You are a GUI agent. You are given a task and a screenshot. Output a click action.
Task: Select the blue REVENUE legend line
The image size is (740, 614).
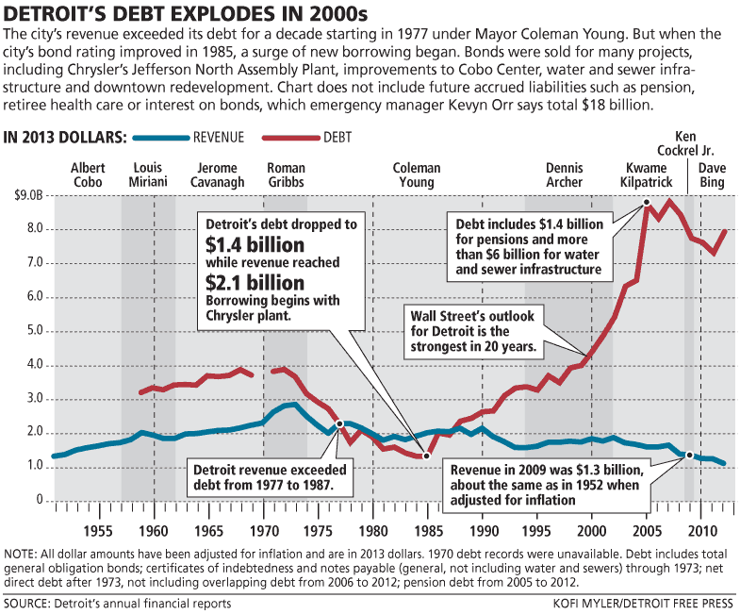click(x=160, y=138)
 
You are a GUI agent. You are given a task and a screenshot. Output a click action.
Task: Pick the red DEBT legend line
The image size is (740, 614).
click(x=285, y=138)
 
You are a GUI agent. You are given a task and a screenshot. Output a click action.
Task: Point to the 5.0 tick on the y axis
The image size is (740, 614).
click(x=34, y=330)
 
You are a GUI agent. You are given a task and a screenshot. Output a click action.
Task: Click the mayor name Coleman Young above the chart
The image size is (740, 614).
click(x=417, y=175)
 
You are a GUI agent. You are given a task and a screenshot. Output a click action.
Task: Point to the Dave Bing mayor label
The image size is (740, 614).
click(x=712, y=175)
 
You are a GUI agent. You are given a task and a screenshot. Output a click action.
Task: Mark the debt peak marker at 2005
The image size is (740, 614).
click(x=647, y=202)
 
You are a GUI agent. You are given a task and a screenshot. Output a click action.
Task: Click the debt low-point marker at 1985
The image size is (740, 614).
click(x=426, y=456)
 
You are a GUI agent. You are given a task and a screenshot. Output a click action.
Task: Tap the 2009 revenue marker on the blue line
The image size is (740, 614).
click(x=690, y=455)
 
